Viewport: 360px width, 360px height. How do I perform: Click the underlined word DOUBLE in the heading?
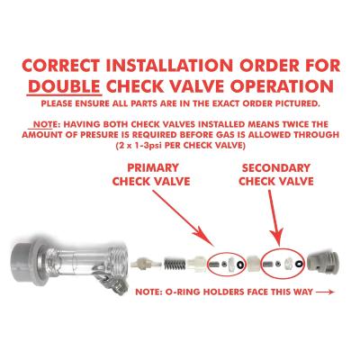64,85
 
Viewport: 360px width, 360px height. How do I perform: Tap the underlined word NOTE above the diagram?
47,124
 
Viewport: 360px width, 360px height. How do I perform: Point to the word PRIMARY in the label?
153,167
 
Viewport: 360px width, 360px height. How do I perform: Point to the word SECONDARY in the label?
276,168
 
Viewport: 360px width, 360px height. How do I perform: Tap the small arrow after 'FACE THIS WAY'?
326,292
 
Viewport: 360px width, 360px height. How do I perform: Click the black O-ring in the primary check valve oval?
240,265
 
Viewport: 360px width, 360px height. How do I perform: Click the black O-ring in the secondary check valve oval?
298,264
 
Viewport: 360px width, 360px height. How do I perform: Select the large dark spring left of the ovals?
174,265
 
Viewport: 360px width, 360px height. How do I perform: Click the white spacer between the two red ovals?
254,264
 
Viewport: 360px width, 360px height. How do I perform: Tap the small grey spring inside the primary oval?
214,265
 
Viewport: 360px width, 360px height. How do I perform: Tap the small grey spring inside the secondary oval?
268,265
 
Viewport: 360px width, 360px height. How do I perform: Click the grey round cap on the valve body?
25,259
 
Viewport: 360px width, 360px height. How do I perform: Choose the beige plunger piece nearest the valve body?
140,263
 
